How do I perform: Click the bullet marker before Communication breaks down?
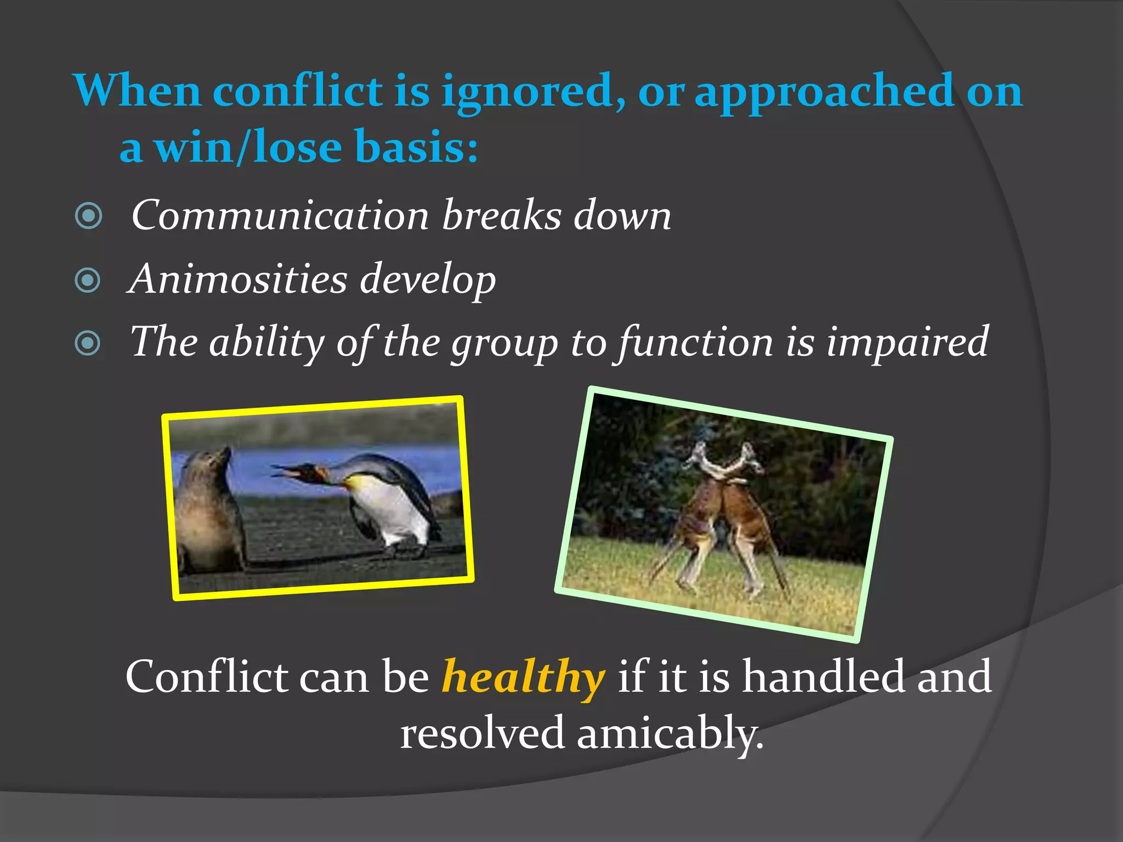click(88, 215)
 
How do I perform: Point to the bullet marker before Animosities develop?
click(88, 280)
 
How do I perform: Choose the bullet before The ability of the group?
click(88, 344)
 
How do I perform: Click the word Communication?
click(280, 215)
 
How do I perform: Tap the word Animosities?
click(237, 279)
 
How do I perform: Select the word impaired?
click(907, 342)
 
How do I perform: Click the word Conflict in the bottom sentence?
click(206, 677)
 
